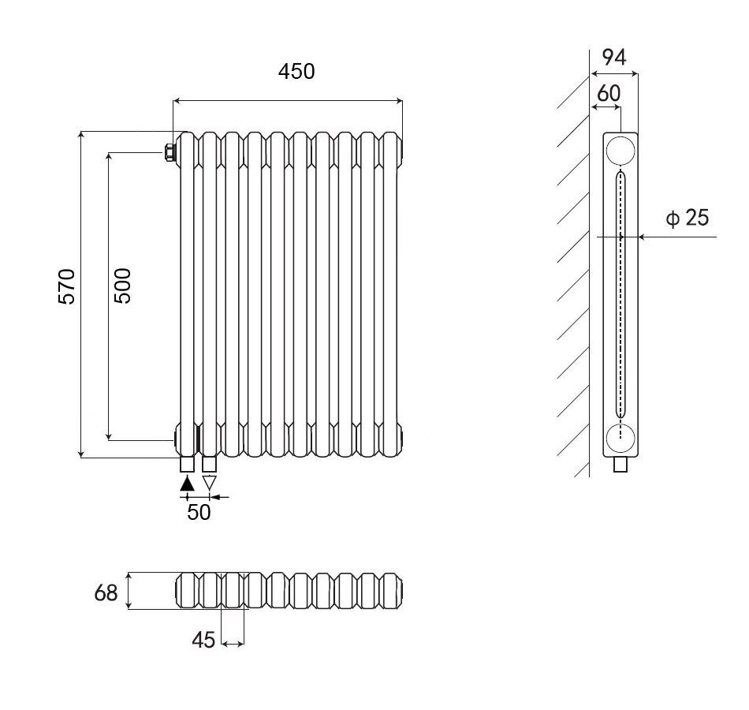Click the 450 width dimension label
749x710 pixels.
pos(296,71)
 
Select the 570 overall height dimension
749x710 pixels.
pos(67,286)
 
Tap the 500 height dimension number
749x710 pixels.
pos(122,286)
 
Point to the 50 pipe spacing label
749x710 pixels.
pos(199,512)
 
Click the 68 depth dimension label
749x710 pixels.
pos(106,592)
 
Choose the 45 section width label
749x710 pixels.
pos(203,641)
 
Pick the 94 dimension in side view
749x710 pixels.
pos(613,57)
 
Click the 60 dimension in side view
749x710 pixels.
pos(608,93)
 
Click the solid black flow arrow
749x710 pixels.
pos(187,483)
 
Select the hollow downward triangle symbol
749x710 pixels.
pos(209,482)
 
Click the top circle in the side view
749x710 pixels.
pos(620,150)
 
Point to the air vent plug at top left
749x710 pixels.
pos(169,151)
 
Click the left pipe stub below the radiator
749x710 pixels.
pos(187,463)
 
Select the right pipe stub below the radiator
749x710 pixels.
pos(209,463)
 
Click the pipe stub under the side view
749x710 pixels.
pos(620,465)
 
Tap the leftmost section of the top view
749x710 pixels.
pos(186,591)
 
